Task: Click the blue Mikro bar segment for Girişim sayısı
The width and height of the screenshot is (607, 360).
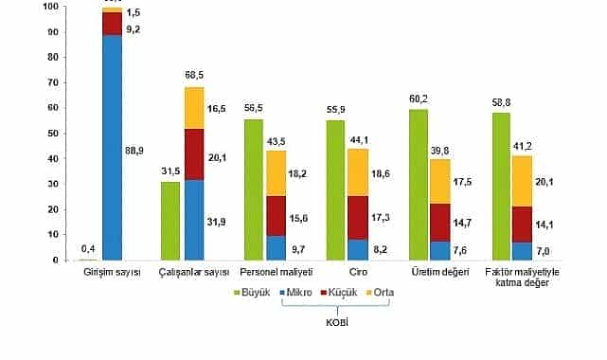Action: click(x=113, y=147)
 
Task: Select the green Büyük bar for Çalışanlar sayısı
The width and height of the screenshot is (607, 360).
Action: click(x=170, y=220)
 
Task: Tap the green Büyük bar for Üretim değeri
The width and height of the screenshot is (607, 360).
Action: click(x=419, y=184)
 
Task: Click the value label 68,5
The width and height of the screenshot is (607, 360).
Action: click(x=195, y=75)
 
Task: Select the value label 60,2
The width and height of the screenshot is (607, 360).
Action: click(x=418, y=98)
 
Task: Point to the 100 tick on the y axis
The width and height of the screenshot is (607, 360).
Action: click(x=52, y=6)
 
